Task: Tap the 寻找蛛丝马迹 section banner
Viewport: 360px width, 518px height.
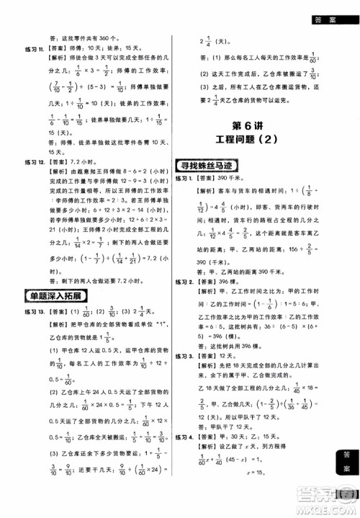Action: [x=216, y=166]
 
